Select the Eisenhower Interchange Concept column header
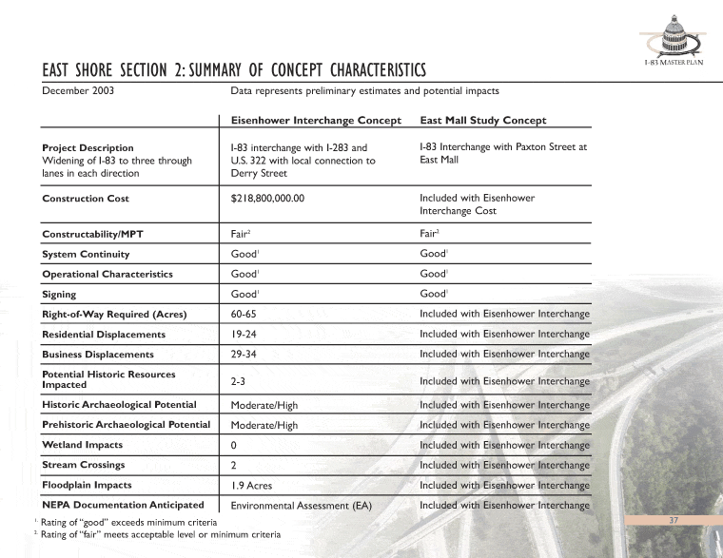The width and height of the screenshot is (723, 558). point(317,121)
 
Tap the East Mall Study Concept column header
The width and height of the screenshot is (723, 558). point(482,121)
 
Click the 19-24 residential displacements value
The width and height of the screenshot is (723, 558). point(246,335)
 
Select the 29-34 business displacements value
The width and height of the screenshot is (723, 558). point(246,355)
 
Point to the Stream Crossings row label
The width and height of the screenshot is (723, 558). point(83,465)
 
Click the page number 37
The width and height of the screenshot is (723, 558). point(673,520)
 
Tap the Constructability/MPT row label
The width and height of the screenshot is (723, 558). point(94,234)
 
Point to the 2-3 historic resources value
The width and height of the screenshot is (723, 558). point(239,380)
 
